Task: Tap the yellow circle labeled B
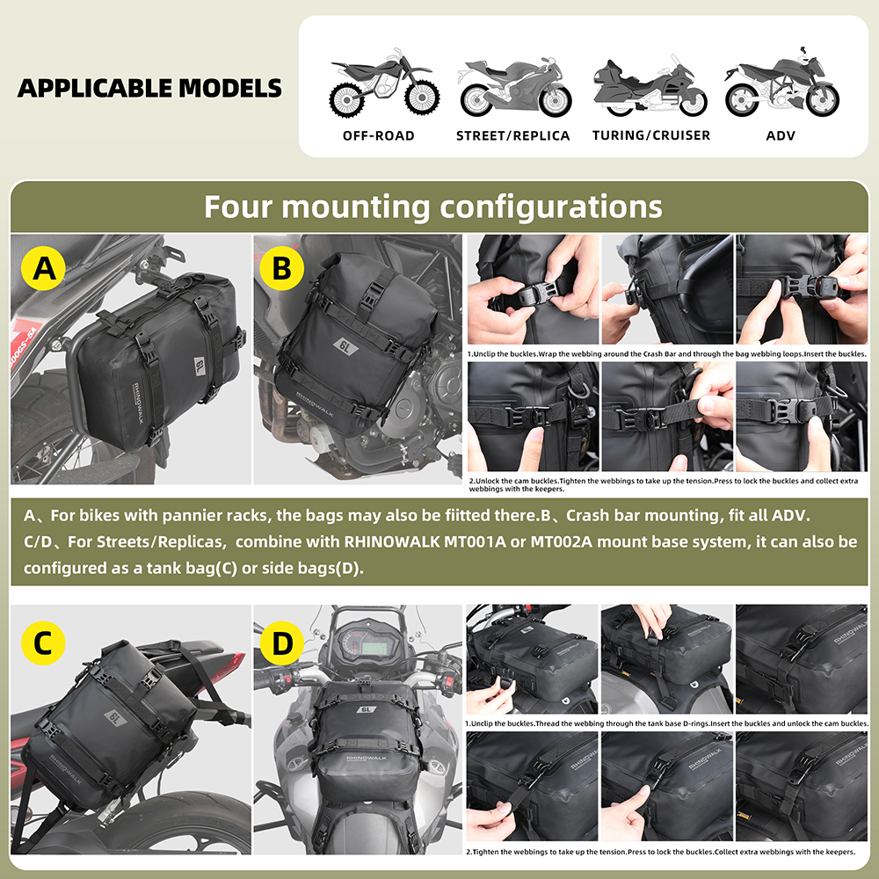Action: pos(281,268)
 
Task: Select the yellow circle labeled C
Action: pos(43,643)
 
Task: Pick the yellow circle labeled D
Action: pos(282,643)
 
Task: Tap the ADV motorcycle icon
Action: pos(781,86)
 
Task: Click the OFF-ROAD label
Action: pos(378,135)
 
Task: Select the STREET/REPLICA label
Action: pos(512,135)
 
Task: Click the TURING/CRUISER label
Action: pos(650,135)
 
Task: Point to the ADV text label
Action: pos(781,135)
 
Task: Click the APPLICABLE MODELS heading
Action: pos(149,88)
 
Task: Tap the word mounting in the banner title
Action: pos(356,207)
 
